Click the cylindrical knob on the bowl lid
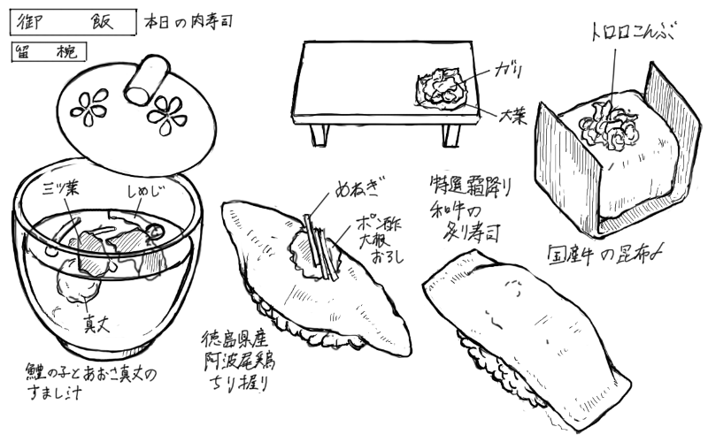pos(144,80)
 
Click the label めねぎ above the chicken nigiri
pos(358,190)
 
